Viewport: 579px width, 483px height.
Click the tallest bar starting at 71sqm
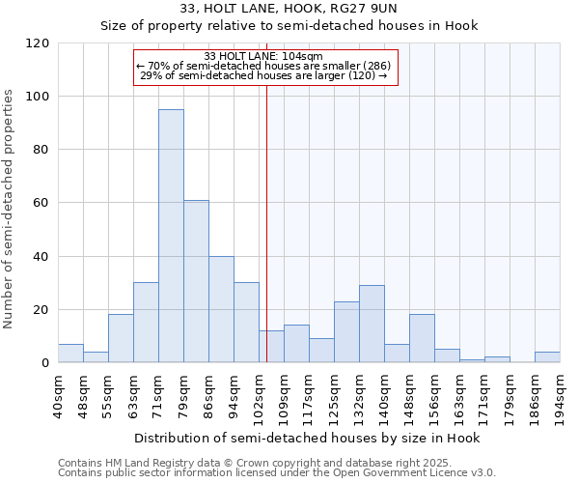click(171, 236)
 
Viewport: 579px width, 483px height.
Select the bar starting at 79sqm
click(196, 281)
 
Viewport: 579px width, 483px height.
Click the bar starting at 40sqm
click(70, 354)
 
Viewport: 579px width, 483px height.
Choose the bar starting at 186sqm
click(547, 357)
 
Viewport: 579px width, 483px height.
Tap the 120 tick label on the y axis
click(38, 43)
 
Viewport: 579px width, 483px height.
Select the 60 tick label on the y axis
click(41, 203)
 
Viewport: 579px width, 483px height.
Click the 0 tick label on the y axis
click(44, 363)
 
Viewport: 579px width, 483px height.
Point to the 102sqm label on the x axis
click(260, 393)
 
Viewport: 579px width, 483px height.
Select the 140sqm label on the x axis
click(385, 393)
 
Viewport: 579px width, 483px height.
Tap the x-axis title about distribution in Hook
click(307, 438)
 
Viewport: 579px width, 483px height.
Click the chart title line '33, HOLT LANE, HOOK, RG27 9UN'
click(289, 9)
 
